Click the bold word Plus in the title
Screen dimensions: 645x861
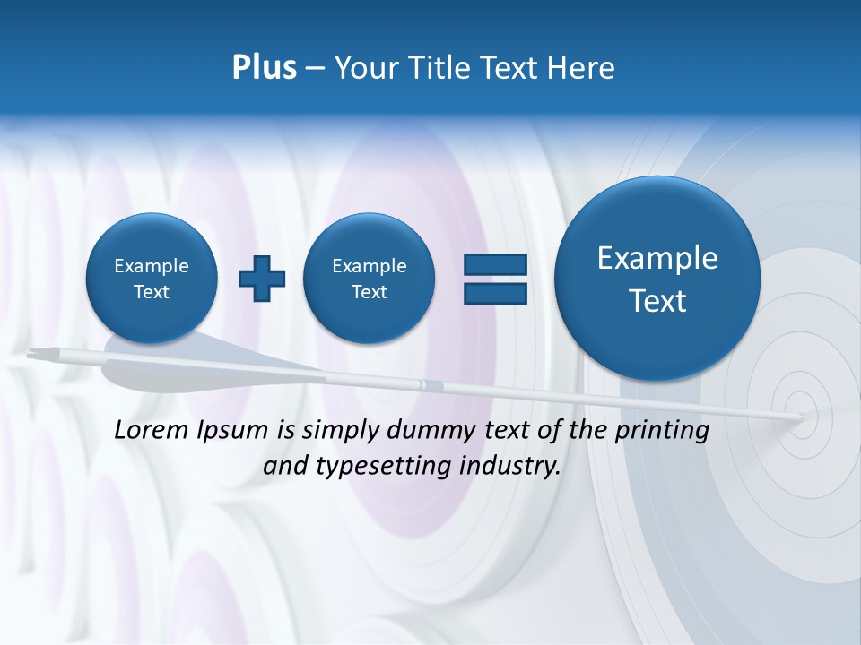click(264, 68)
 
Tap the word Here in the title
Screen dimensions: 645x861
click(581, 68)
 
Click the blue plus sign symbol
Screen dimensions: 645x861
click(262, 279)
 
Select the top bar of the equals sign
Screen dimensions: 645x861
click(495, 264)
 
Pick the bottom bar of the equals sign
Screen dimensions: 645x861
click(495, 293)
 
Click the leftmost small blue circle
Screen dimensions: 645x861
click(152, 278)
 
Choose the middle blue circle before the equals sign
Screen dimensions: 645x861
click(370, 278)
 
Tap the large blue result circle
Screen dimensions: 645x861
click(657, 278)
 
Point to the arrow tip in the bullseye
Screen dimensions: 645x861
click(801, 416)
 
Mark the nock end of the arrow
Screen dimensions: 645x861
click(32, 353)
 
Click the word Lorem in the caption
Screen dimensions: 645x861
click(152, 430)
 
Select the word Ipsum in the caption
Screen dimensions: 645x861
click(234, 431)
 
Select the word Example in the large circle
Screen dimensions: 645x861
click(657, 258)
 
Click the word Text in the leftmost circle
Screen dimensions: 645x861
click(152, 292)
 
